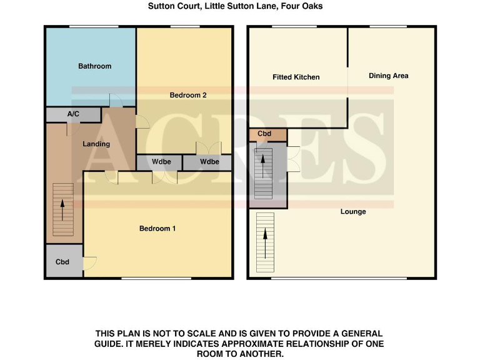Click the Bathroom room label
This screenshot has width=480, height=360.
click(94, 66)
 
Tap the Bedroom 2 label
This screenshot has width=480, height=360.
click(188, 96)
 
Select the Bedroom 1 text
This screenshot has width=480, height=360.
click(157, 229)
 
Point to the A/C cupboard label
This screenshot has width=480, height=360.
click(73, 114)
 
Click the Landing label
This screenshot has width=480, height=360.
click(96, 144)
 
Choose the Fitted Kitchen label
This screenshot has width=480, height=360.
click(296, 77)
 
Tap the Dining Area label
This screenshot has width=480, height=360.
click(388, 76)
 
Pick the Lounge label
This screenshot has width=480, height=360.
click(353, 212)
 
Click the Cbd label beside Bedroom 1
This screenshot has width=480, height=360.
click(62, 262)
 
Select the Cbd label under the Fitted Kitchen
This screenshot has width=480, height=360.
click(264, 134)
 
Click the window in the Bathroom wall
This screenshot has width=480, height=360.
click(94, 26)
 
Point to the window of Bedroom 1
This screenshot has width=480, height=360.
click(156, 278)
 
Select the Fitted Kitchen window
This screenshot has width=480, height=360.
click(294, 26)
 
